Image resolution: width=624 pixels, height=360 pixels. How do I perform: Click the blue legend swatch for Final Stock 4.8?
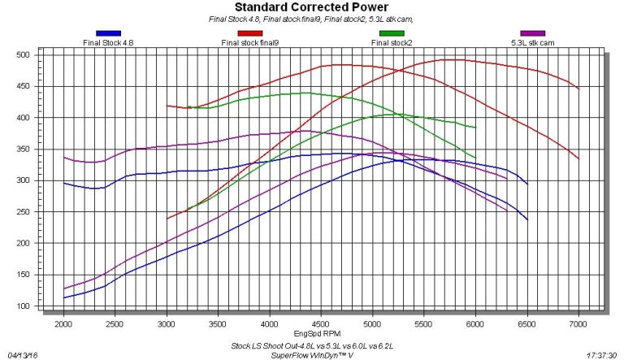coord(108,33)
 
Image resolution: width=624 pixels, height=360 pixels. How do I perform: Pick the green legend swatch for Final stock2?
coord(391,33)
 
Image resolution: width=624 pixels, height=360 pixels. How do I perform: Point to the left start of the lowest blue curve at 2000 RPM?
coord(64,298)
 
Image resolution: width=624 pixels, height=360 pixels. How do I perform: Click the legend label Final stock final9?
coord(251,42)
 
